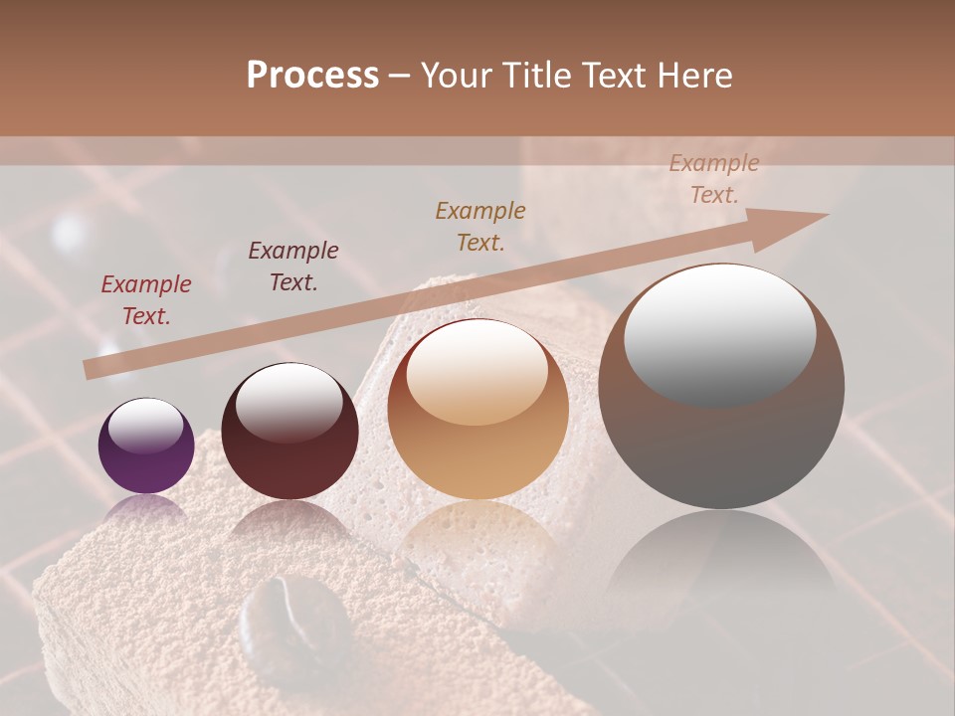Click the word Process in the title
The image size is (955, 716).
tap(312, 76)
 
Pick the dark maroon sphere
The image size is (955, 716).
tap(289, 432)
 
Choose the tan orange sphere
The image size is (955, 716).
tap(477, 410)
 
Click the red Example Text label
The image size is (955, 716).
tap(145, 300)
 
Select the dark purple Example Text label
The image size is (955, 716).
tap(292, 267)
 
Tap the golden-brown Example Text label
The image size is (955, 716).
tap(480, 226)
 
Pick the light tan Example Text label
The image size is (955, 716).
tap(713, 179)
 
